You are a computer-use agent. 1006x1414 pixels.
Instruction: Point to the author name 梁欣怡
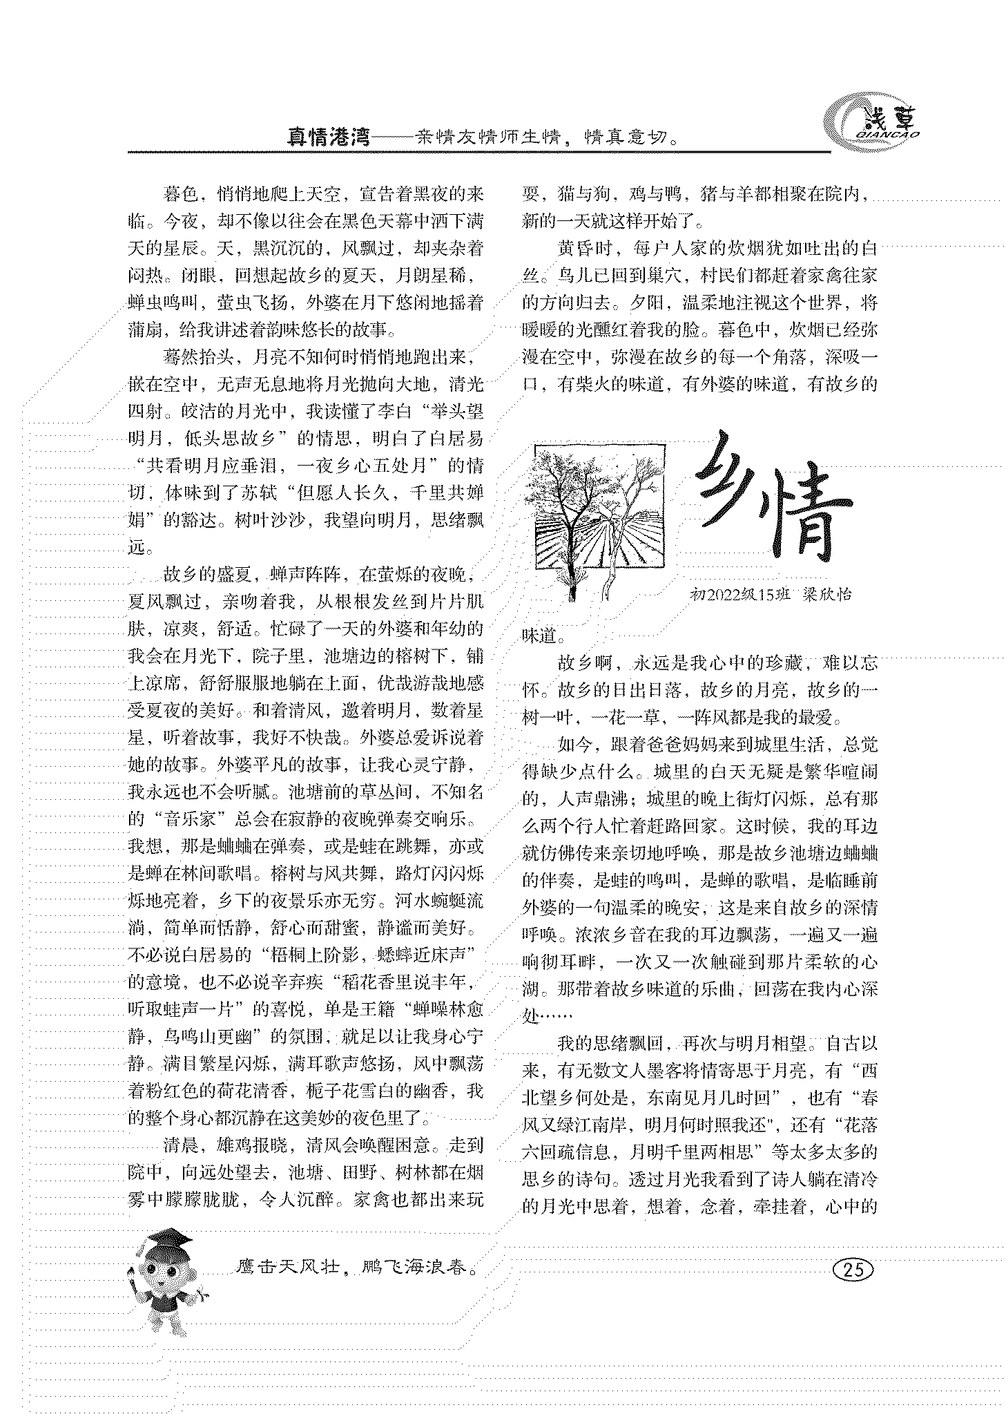pyautogui.click(x=826, y=595)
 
